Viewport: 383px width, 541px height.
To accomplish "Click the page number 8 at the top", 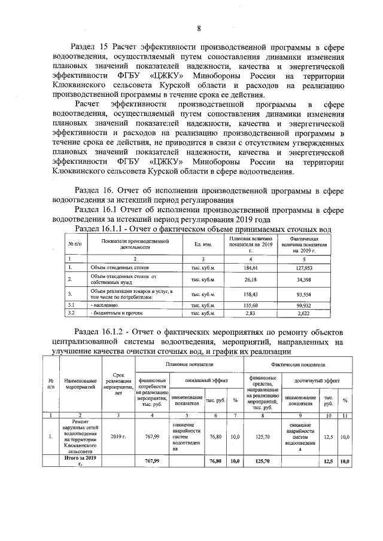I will pos(199,28).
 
